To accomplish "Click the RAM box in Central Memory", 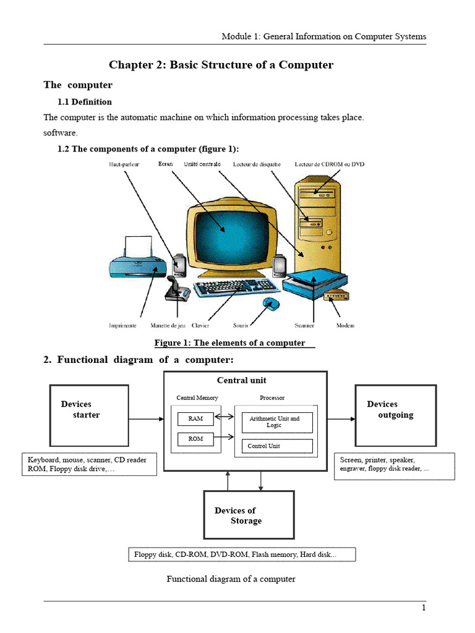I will point(195,419).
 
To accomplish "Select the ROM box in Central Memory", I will point(195,440).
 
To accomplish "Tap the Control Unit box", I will point(276,446).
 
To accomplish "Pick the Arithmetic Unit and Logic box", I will point(276,422).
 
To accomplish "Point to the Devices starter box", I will point(89,415).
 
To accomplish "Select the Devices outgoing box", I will point(395,414).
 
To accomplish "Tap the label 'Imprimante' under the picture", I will point(123,325).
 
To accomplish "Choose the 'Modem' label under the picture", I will point(345,325).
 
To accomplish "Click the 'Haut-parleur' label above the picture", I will point(124,164).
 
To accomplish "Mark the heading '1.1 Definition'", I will point(85,102).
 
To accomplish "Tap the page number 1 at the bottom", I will point(424,608).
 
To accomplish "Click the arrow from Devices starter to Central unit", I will point(146,419).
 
